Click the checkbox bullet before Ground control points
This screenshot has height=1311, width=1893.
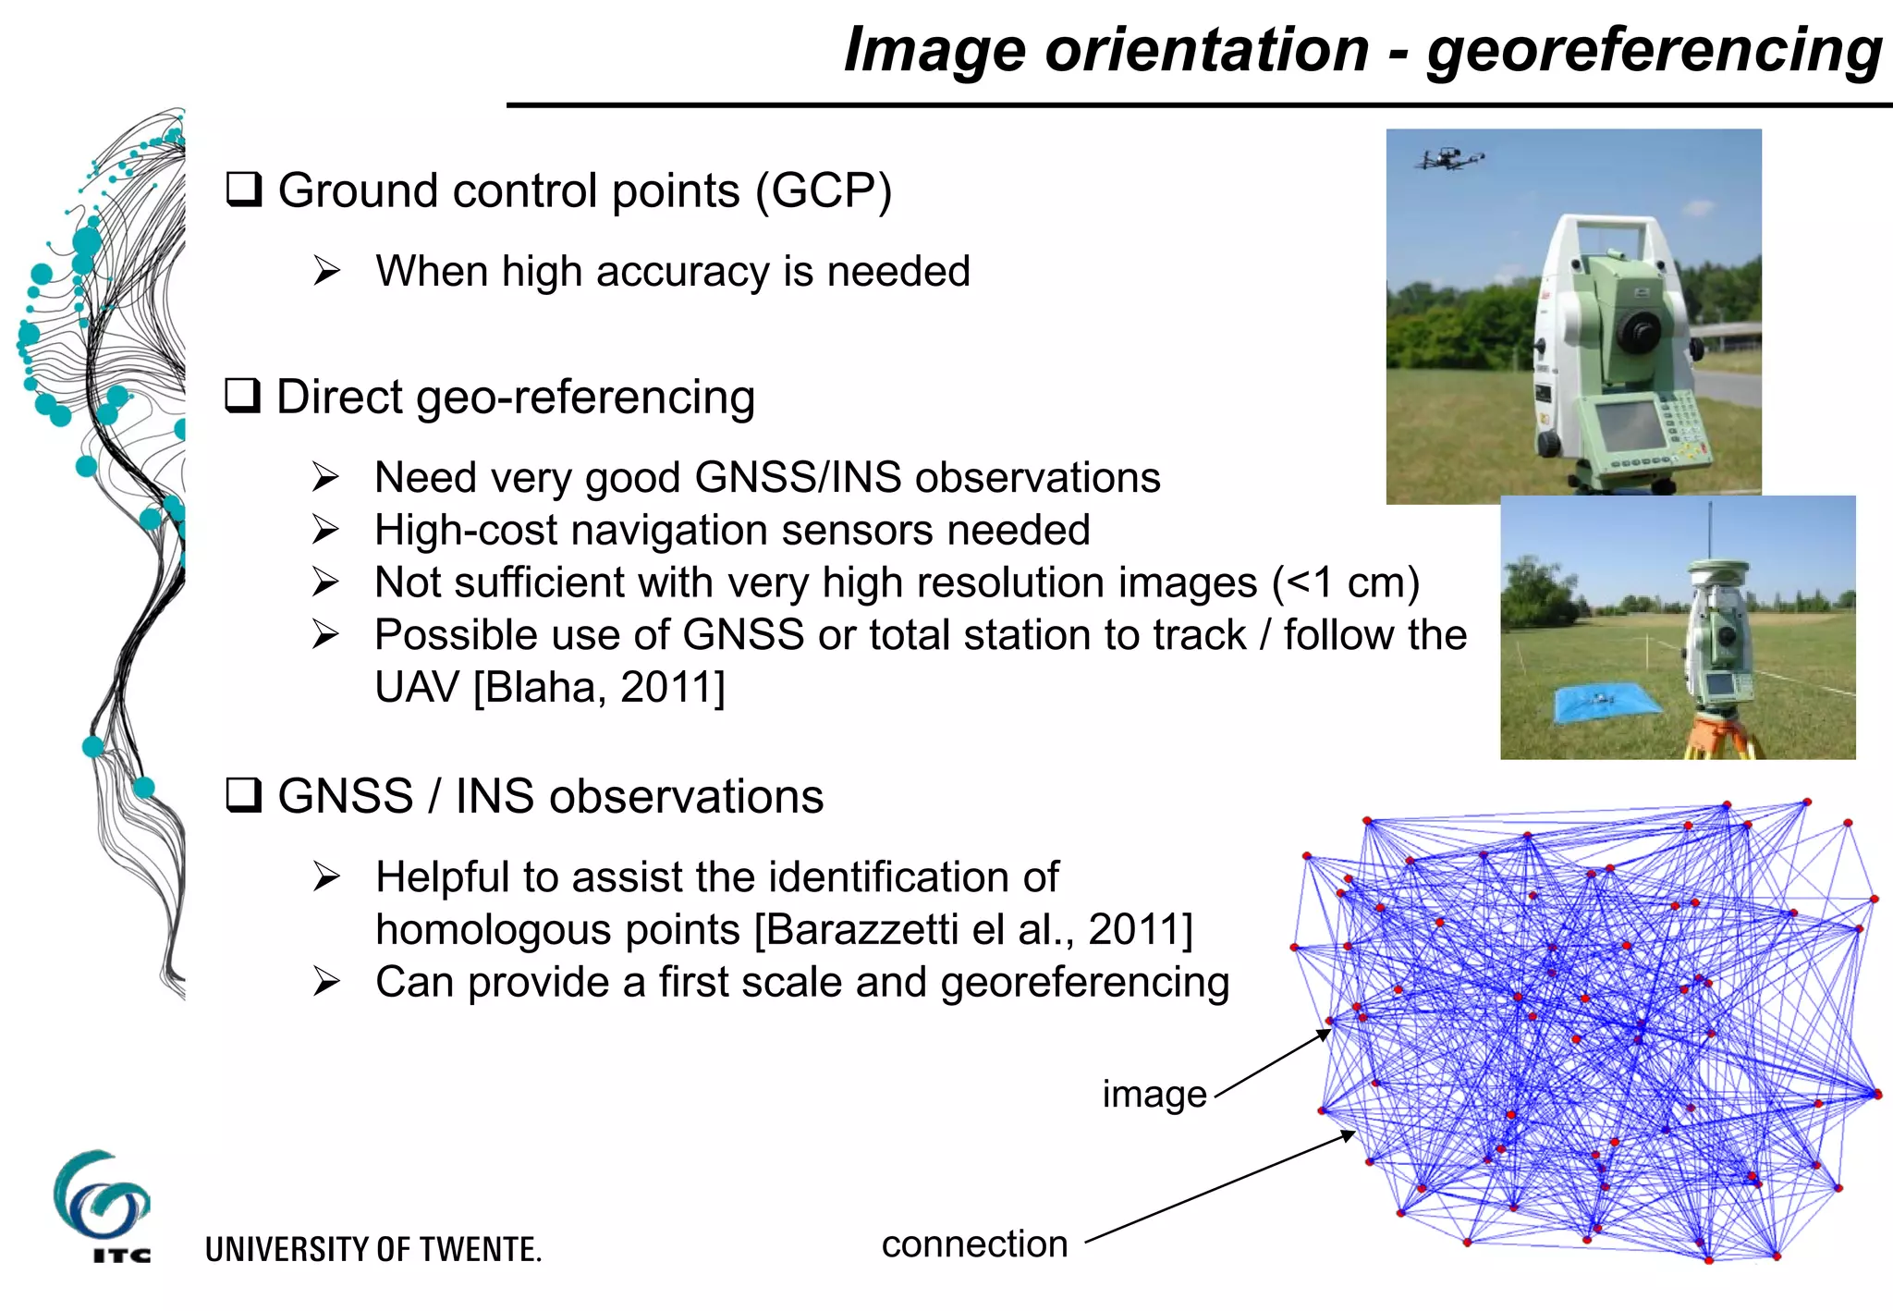244,190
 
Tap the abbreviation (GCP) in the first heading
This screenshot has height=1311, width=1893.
824,191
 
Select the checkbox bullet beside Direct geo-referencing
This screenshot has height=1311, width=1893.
243,396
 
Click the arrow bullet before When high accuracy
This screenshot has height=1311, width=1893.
326,271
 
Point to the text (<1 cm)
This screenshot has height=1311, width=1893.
1345,582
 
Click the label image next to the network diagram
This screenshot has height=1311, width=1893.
1154,1094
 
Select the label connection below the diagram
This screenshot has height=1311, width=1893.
974,1244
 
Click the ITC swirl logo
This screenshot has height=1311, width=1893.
100,1197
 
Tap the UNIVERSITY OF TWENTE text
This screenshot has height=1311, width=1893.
372,1249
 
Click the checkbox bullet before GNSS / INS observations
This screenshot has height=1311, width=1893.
244,795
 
